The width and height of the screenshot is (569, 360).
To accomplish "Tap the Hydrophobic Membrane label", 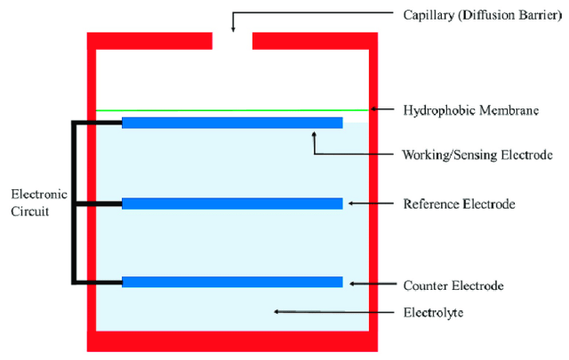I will click(471, 110).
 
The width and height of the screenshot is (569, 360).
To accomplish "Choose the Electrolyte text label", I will click(433, 312).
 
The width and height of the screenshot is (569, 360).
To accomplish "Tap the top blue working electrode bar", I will click(232, 123).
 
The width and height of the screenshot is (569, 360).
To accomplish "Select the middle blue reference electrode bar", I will click(232, 204).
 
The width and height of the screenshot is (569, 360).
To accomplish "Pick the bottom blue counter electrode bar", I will click(232, 283).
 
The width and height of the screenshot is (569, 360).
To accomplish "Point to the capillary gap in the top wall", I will click(232, 41).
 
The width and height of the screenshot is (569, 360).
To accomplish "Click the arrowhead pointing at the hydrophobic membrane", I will click(374, 110).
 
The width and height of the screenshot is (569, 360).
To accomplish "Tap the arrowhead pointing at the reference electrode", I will click(351, 204).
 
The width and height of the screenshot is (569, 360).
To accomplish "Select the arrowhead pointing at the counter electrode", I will click(353, 284).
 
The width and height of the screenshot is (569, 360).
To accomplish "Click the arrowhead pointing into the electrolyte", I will click(276, 311).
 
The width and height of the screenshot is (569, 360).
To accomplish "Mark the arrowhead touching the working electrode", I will click(314, 133).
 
